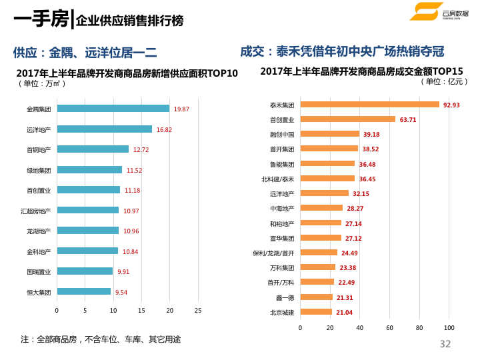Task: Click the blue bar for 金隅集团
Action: click(x=113, y=109)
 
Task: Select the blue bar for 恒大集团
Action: click(x=83, y=291)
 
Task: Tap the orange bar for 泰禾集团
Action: click(x=369, y=105)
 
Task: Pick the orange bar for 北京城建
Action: click(x=316, y=312)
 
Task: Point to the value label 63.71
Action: click(x=408, y=120)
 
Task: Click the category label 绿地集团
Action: click(x=39, y=170)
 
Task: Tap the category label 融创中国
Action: click(x=282, y=135)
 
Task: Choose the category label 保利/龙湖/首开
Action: click(x=273, y=253)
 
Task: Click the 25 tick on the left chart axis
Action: click(x=197, y=311)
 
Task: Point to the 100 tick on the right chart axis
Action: click(x=449, y=328)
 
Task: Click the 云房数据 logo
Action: click(x=437, y=11)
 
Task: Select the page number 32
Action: click(x=445, y=344)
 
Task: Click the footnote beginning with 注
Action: click(x=101, y=339)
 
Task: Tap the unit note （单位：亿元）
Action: click(x=445, y=81)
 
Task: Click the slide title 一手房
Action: click(x=41, y=19)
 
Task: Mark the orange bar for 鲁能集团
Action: click(x=327, y=164)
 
